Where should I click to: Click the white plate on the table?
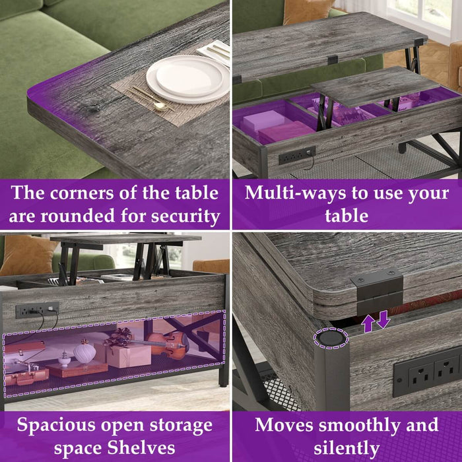tap(187, 79)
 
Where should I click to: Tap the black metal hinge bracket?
tap(377, 290)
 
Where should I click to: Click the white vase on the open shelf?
tap(84, 352)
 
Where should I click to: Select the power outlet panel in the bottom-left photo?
tap(37, 309)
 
